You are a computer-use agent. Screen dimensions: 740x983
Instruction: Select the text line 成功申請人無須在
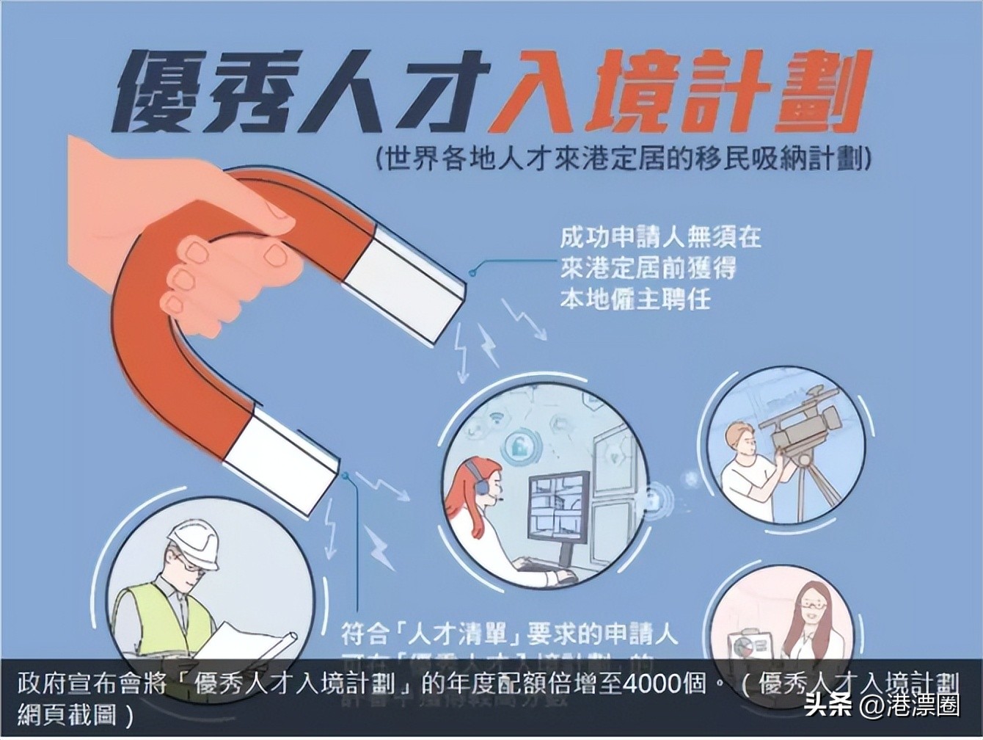(x=660, y=236)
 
